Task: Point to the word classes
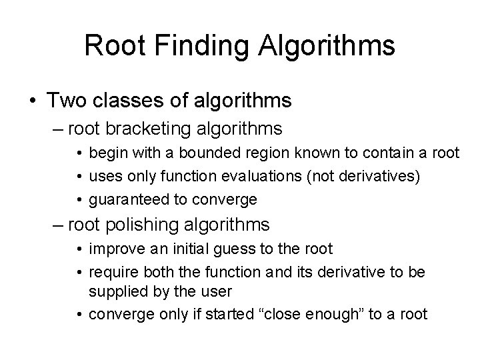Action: tap(124, 101)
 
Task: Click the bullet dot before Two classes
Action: tap(32, 101)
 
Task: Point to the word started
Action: tap(227, 314)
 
